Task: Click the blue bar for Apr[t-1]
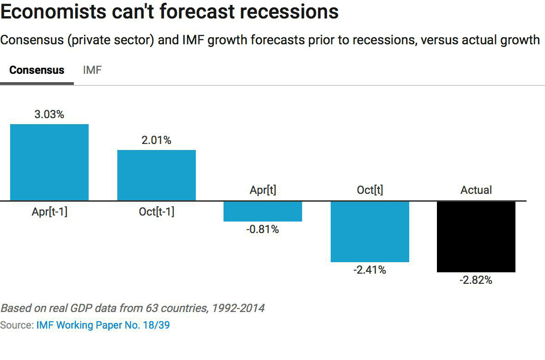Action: coord(49,162)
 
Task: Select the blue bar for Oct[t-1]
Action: coord(157,175)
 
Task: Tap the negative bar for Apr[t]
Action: coord(263,211)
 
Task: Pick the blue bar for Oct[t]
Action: coord(370,231)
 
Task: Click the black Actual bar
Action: coord(476,236)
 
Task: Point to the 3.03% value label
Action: coord(49,114)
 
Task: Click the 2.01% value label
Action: coord(157,140)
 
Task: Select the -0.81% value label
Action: coord(263,229)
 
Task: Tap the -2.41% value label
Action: coord(370,270)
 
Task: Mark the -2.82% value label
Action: coord(476,280)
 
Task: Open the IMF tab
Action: coord(92,71)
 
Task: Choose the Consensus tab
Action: coord(37,71)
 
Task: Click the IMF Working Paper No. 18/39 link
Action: coord(103,325)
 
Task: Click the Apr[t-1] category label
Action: coord(49,212)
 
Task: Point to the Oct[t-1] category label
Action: coord(157,212)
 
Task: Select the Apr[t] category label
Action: coord(263,190)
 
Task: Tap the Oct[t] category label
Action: coord(370,190)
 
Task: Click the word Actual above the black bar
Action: coord(476,190)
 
